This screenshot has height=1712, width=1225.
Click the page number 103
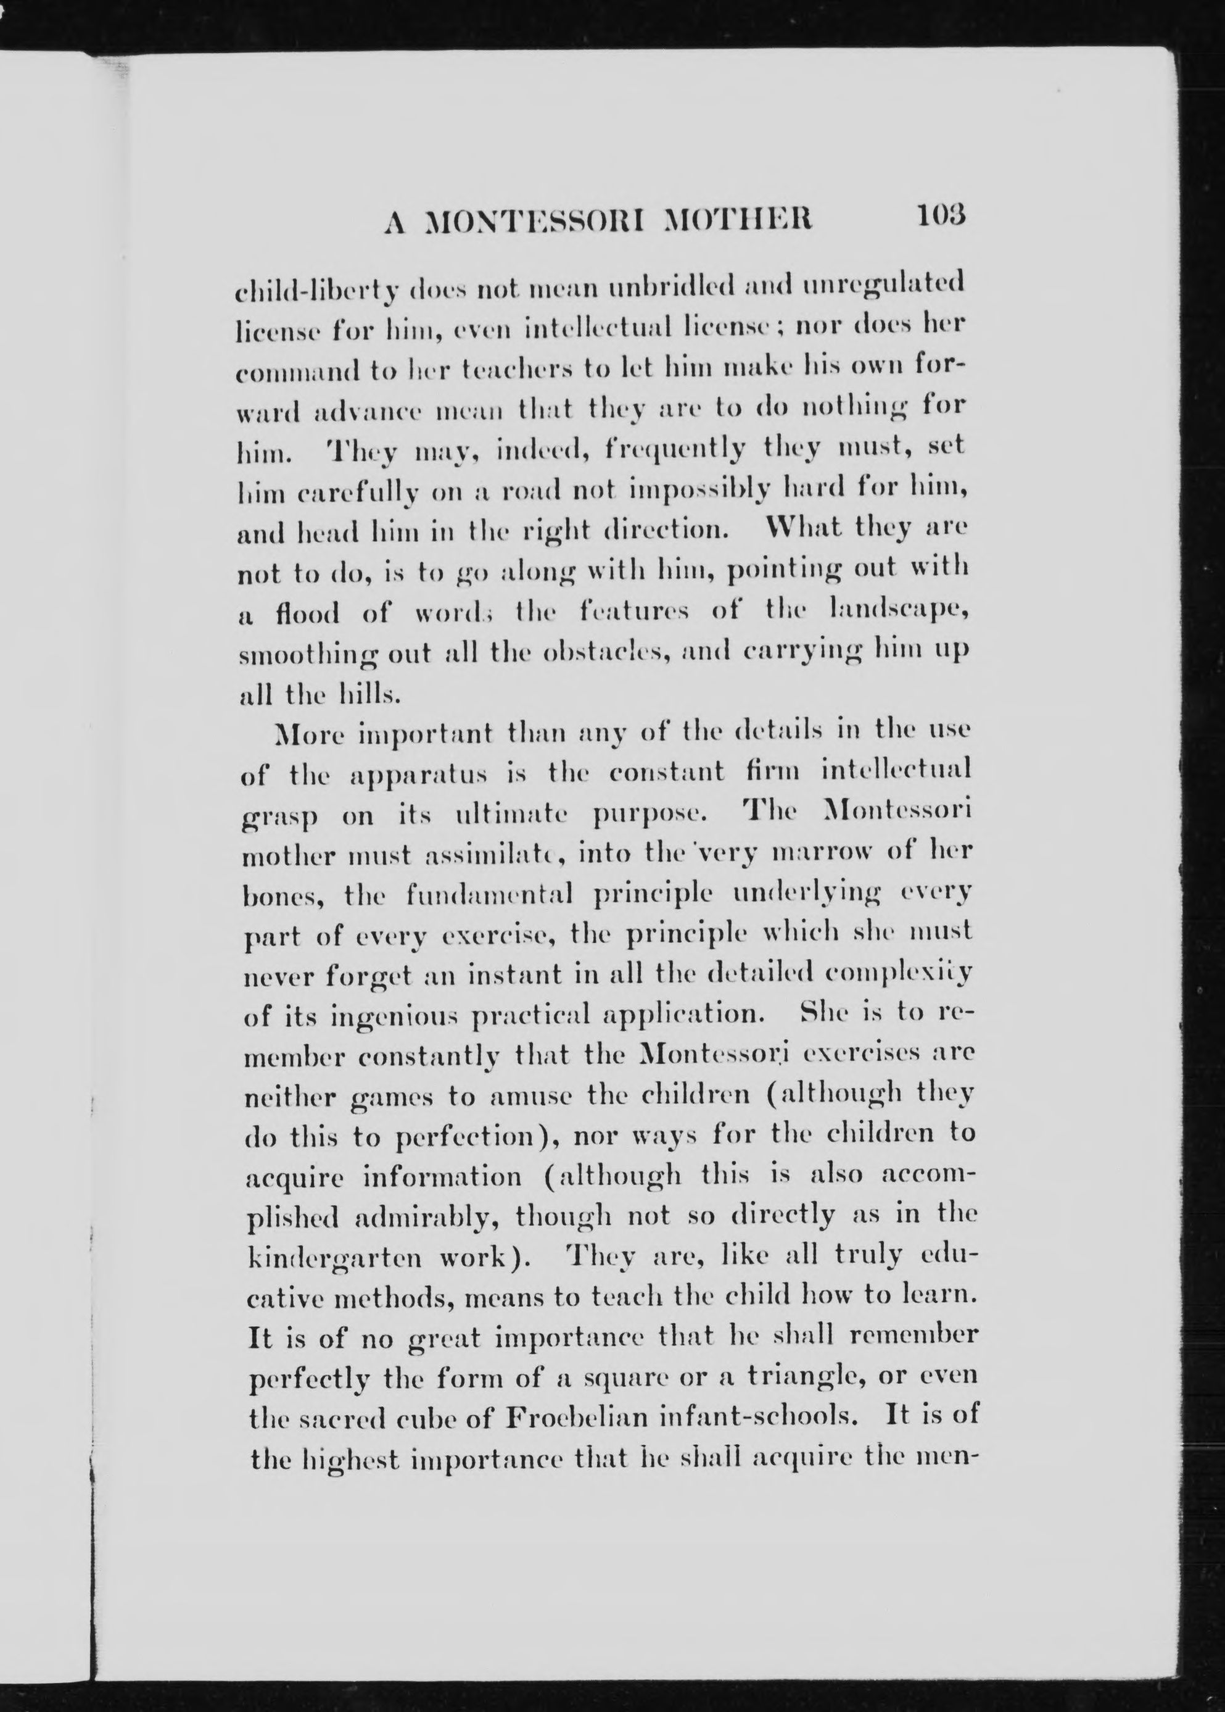coord(941,216)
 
